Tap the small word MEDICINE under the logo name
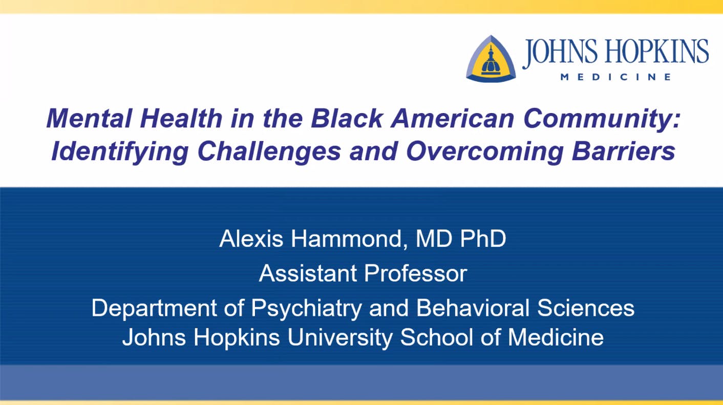coord(615,77)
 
